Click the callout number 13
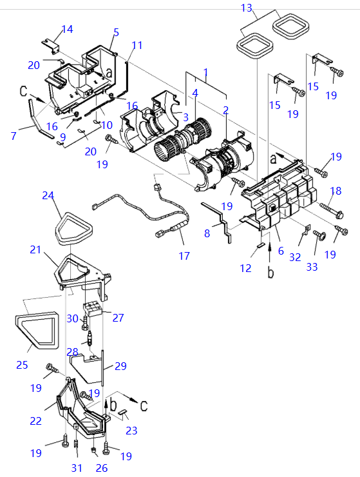tap(247, 8)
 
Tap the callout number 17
tap(184, 256)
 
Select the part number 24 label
tap(48, 195)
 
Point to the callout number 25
tap(22, 365)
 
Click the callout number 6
tap(281, 251)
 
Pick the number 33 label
tap(312, 267)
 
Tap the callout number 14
tap(68, 29)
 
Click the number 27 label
tap(118, 318)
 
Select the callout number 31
tap(77, 467)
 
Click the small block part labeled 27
tap(92, 309)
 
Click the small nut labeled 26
tap(94, 450)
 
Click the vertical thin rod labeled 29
tap(103, 368)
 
